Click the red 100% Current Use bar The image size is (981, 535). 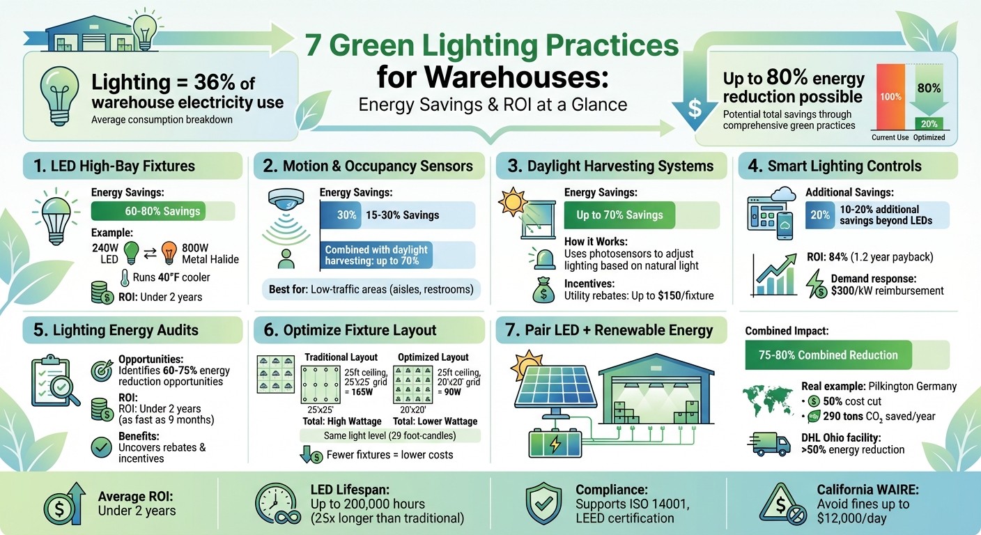[890, 97]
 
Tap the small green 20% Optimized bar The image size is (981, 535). [929, 123]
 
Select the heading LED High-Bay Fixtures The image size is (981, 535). [123, 166]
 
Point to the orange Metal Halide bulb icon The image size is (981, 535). [169, 251]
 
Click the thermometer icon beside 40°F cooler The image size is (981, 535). [125, 277]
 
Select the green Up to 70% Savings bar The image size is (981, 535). [619, 215]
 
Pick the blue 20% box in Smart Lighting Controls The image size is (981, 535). [819, 215]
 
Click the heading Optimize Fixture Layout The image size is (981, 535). [360, 330]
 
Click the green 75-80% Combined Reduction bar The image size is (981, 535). [828, 355]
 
